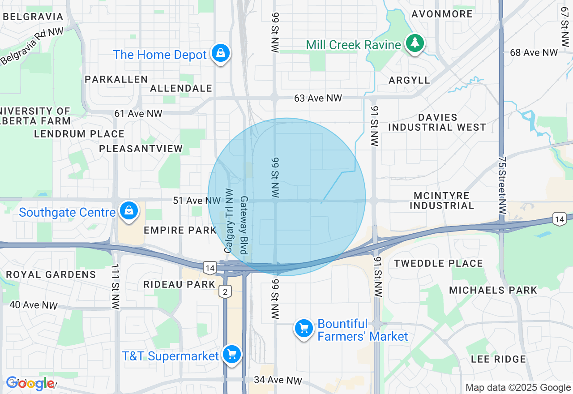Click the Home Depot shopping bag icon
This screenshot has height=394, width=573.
(221, 53)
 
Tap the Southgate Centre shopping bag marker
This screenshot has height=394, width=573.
(129, 210)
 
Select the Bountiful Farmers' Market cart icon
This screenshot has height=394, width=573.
(304, 329)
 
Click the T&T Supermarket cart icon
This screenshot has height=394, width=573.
(232, 355)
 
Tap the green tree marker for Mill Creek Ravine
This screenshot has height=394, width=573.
(415, 43)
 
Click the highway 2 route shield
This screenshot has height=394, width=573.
(225, 291)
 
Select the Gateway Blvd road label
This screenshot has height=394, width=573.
(244, 225)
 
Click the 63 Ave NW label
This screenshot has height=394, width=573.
(318, 98)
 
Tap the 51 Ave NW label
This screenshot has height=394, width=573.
(197, 201)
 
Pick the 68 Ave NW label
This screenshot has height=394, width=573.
(534, 53)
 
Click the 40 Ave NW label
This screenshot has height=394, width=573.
(34, 305)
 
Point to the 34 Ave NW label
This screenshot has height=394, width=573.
(278, 380)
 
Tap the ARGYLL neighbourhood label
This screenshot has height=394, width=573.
(409, 80)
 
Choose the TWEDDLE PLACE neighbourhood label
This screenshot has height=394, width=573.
(438, 263)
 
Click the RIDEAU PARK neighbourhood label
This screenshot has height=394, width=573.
(180, 284)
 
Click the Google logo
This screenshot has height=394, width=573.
(30, 383)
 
